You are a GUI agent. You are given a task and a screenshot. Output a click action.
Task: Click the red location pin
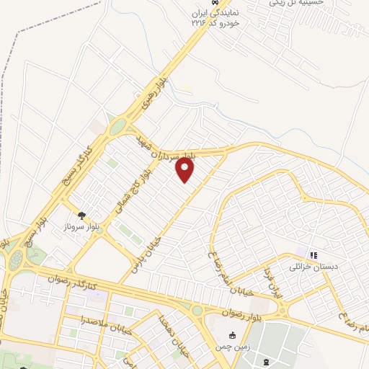(x=185, y=169)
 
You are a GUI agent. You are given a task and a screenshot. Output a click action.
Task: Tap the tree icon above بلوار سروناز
(x=81, y=215)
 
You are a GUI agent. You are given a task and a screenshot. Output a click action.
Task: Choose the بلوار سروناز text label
(x=81, y=226)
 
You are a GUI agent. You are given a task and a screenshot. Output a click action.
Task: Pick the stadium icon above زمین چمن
(x=232, y=335)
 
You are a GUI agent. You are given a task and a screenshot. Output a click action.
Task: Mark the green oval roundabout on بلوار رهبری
(x=117, y=128)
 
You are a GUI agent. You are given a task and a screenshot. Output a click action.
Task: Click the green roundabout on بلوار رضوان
(x=197, y=310)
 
